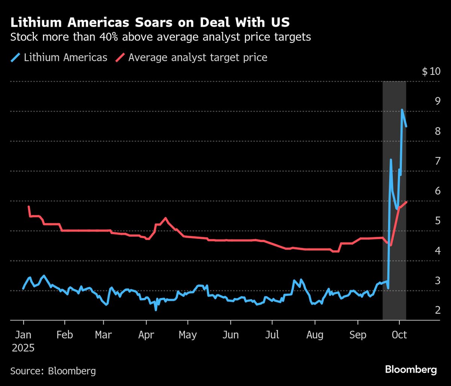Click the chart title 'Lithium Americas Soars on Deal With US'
point(150,23)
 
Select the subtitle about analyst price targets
point(160,38)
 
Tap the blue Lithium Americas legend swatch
point(15,58)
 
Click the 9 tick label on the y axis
point(437,101)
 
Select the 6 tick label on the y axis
point(437,191)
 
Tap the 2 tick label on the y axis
point(437,310)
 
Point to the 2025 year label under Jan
point(23,348)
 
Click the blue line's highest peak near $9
point(402,110)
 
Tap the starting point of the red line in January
point(29,207)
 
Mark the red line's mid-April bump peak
point(165,218)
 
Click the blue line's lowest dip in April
point(156,310)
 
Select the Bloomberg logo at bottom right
point(411,370)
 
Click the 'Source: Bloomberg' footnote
point(53,371)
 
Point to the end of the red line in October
point(406,202)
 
